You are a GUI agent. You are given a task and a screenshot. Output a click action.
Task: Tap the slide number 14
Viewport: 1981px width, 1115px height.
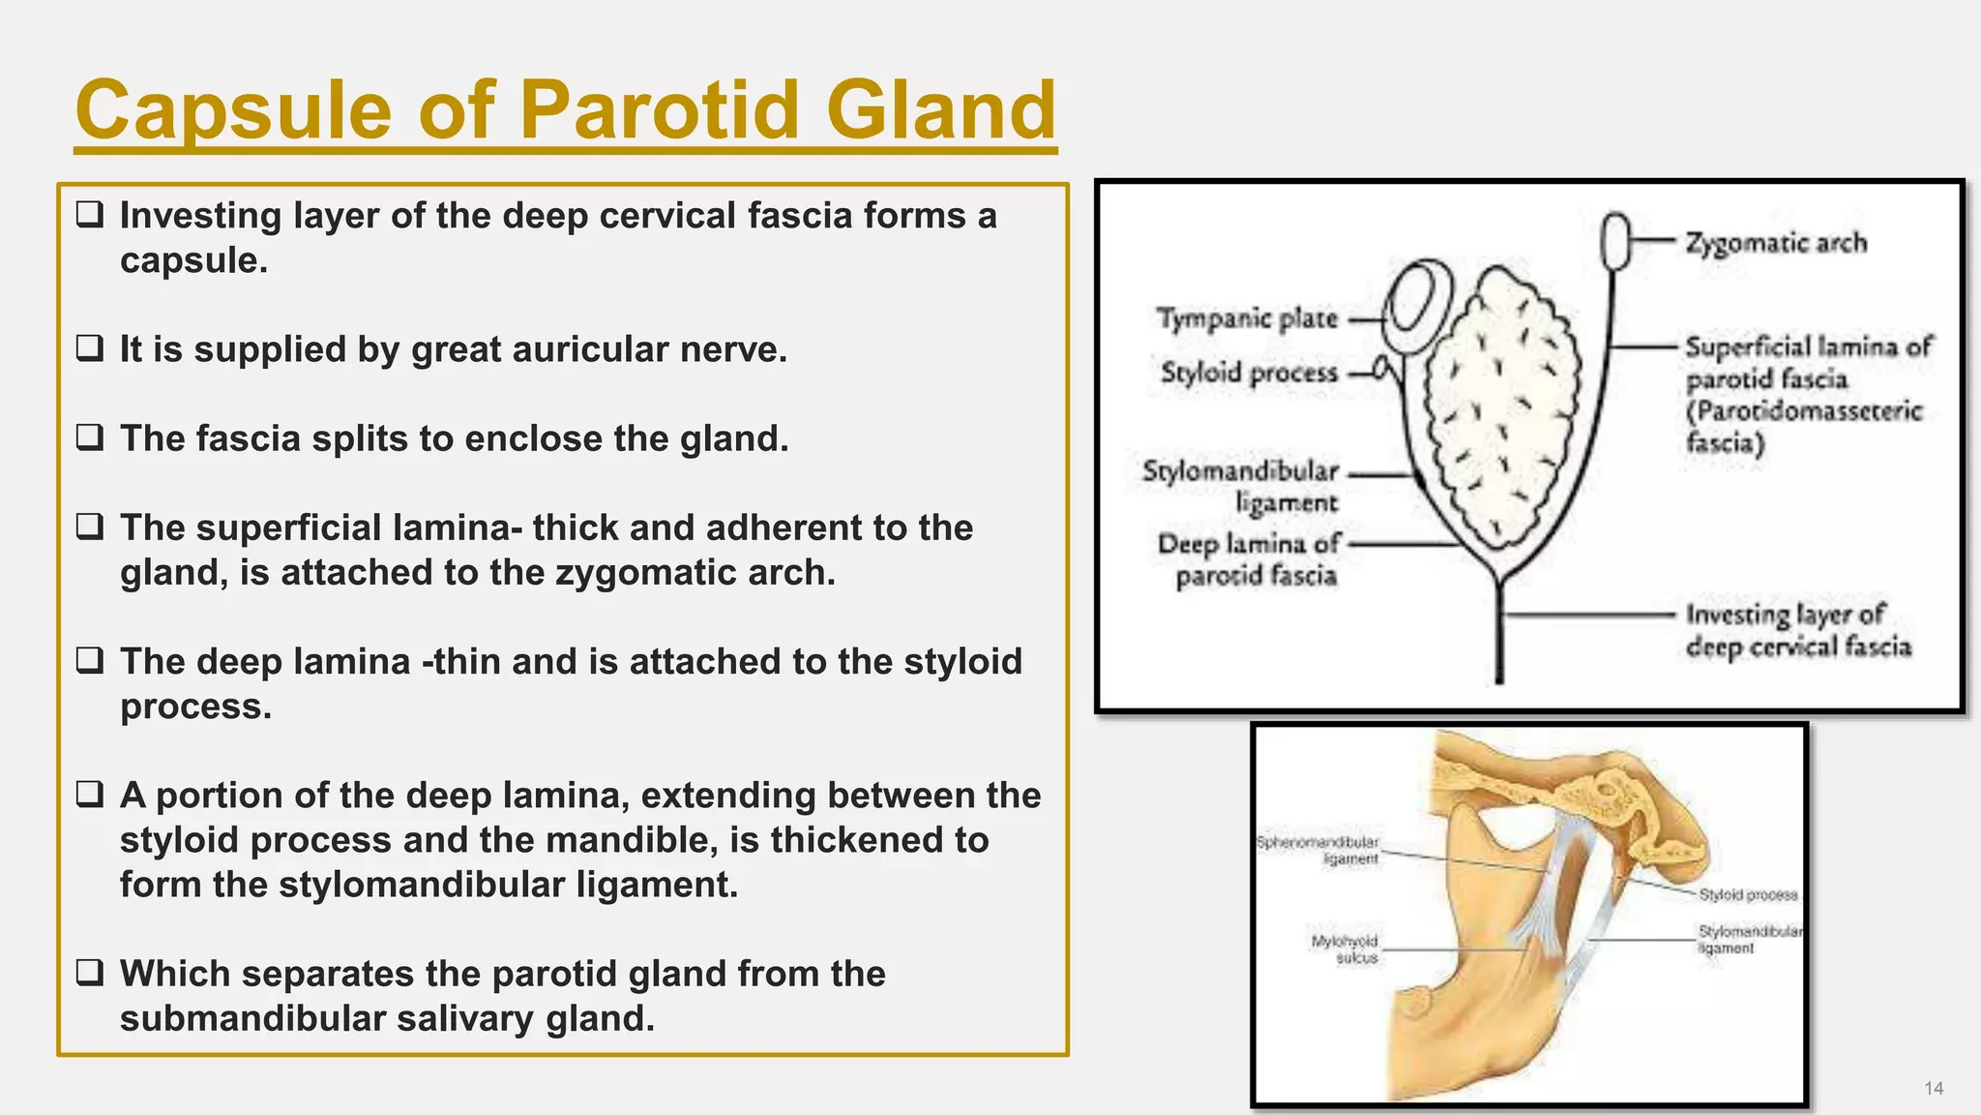[1933, 1088]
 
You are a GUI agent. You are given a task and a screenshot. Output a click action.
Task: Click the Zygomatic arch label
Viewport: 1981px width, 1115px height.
[1776, 243]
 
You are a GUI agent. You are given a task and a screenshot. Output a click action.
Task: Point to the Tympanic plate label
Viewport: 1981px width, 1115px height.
[1247, 318]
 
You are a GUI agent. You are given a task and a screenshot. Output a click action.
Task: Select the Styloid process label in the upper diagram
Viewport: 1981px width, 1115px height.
[1249, 373]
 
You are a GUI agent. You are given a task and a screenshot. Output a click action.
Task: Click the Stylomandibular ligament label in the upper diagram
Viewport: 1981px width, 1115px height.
[1241, 487]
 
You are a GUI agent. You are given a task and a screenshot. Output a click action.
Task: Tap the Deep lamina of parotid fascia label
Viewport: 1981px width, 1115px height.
[1249, 559]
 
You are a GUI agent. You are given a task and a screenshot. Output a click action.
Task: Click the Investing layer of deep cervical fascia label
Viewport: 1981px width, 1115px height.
[1798, 630]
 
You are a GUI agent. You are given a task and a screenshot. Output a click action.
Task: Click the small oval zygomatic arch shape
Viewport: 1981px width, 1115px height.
[1614, 242]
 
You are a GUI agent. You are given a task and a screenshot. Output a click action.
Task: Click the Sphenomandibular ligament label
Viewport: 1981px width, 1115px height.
[1317, 850]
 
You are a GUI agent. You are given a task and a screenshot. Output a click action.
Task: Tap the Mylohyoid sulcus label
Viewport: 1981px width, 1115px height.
[1345, 949]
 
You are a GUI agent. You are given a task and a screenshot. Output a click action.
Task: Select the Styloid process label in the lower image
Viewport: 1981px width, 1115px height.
[1748, 895]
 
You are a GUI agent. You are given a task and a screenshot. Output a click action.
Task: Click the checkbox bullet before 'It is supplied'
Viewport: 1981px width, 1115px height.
[90, 347]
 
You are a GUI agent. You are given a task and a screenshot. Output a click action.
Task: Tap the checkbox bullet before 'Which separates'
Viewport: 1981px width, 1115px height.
[90, 972]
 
